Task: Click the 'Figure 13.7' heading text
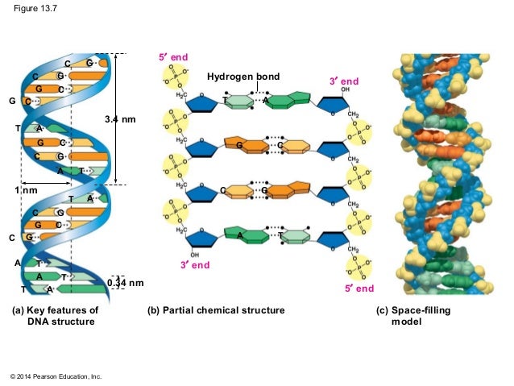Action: click(x=31, y=10)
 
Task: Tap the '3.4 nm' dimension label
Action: click(x=121, y=119)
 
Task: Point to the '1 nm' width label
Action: click(x=27, y=190)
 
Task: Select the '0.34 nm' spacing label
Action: click(x=126, y=283)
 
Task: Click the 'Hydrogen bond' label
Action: click(x=243, y=77)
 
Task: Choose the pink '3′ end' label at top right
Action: click(x=344, y=82)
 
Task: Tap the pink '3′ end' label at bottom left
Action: click(x=195, y=264)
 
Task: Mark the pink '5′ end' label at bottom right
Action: click(x=359, y=288)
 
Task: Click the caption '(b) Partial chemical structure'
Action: click(x=216, y=310)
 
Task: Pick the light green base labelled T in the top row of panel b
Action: click(x=239, y=101)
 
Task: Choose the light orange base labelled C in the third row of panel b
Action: click(x=234, y=190)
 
